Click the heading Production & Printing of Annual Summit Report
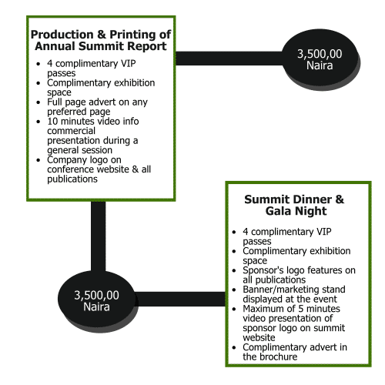click(101, 40)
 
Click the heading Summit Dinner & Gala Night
click(294, 205)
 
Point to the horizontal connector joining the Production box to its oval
click(229, 59)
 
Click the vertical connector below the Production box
click(99, 236)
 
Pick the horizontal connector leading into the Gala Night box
click(180, 299)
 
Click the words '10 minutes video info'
click(93, 121)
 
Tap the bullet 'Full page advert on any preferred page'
click(97, 107)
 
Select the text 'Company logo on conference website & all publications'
click(99, 169)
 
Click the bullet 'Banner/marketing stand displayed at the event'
click(294, 294)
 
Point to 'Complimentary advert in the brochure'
click(295, 352)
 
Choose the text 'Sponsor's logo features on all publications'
click(299, 275)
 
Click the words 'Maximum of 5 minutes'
click(291, 309)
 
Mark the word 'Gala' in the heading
click(278, 211)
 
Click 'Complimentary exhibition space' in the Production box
click(101, 88)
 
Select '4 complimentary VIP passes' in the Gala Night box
click(287, 236)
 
